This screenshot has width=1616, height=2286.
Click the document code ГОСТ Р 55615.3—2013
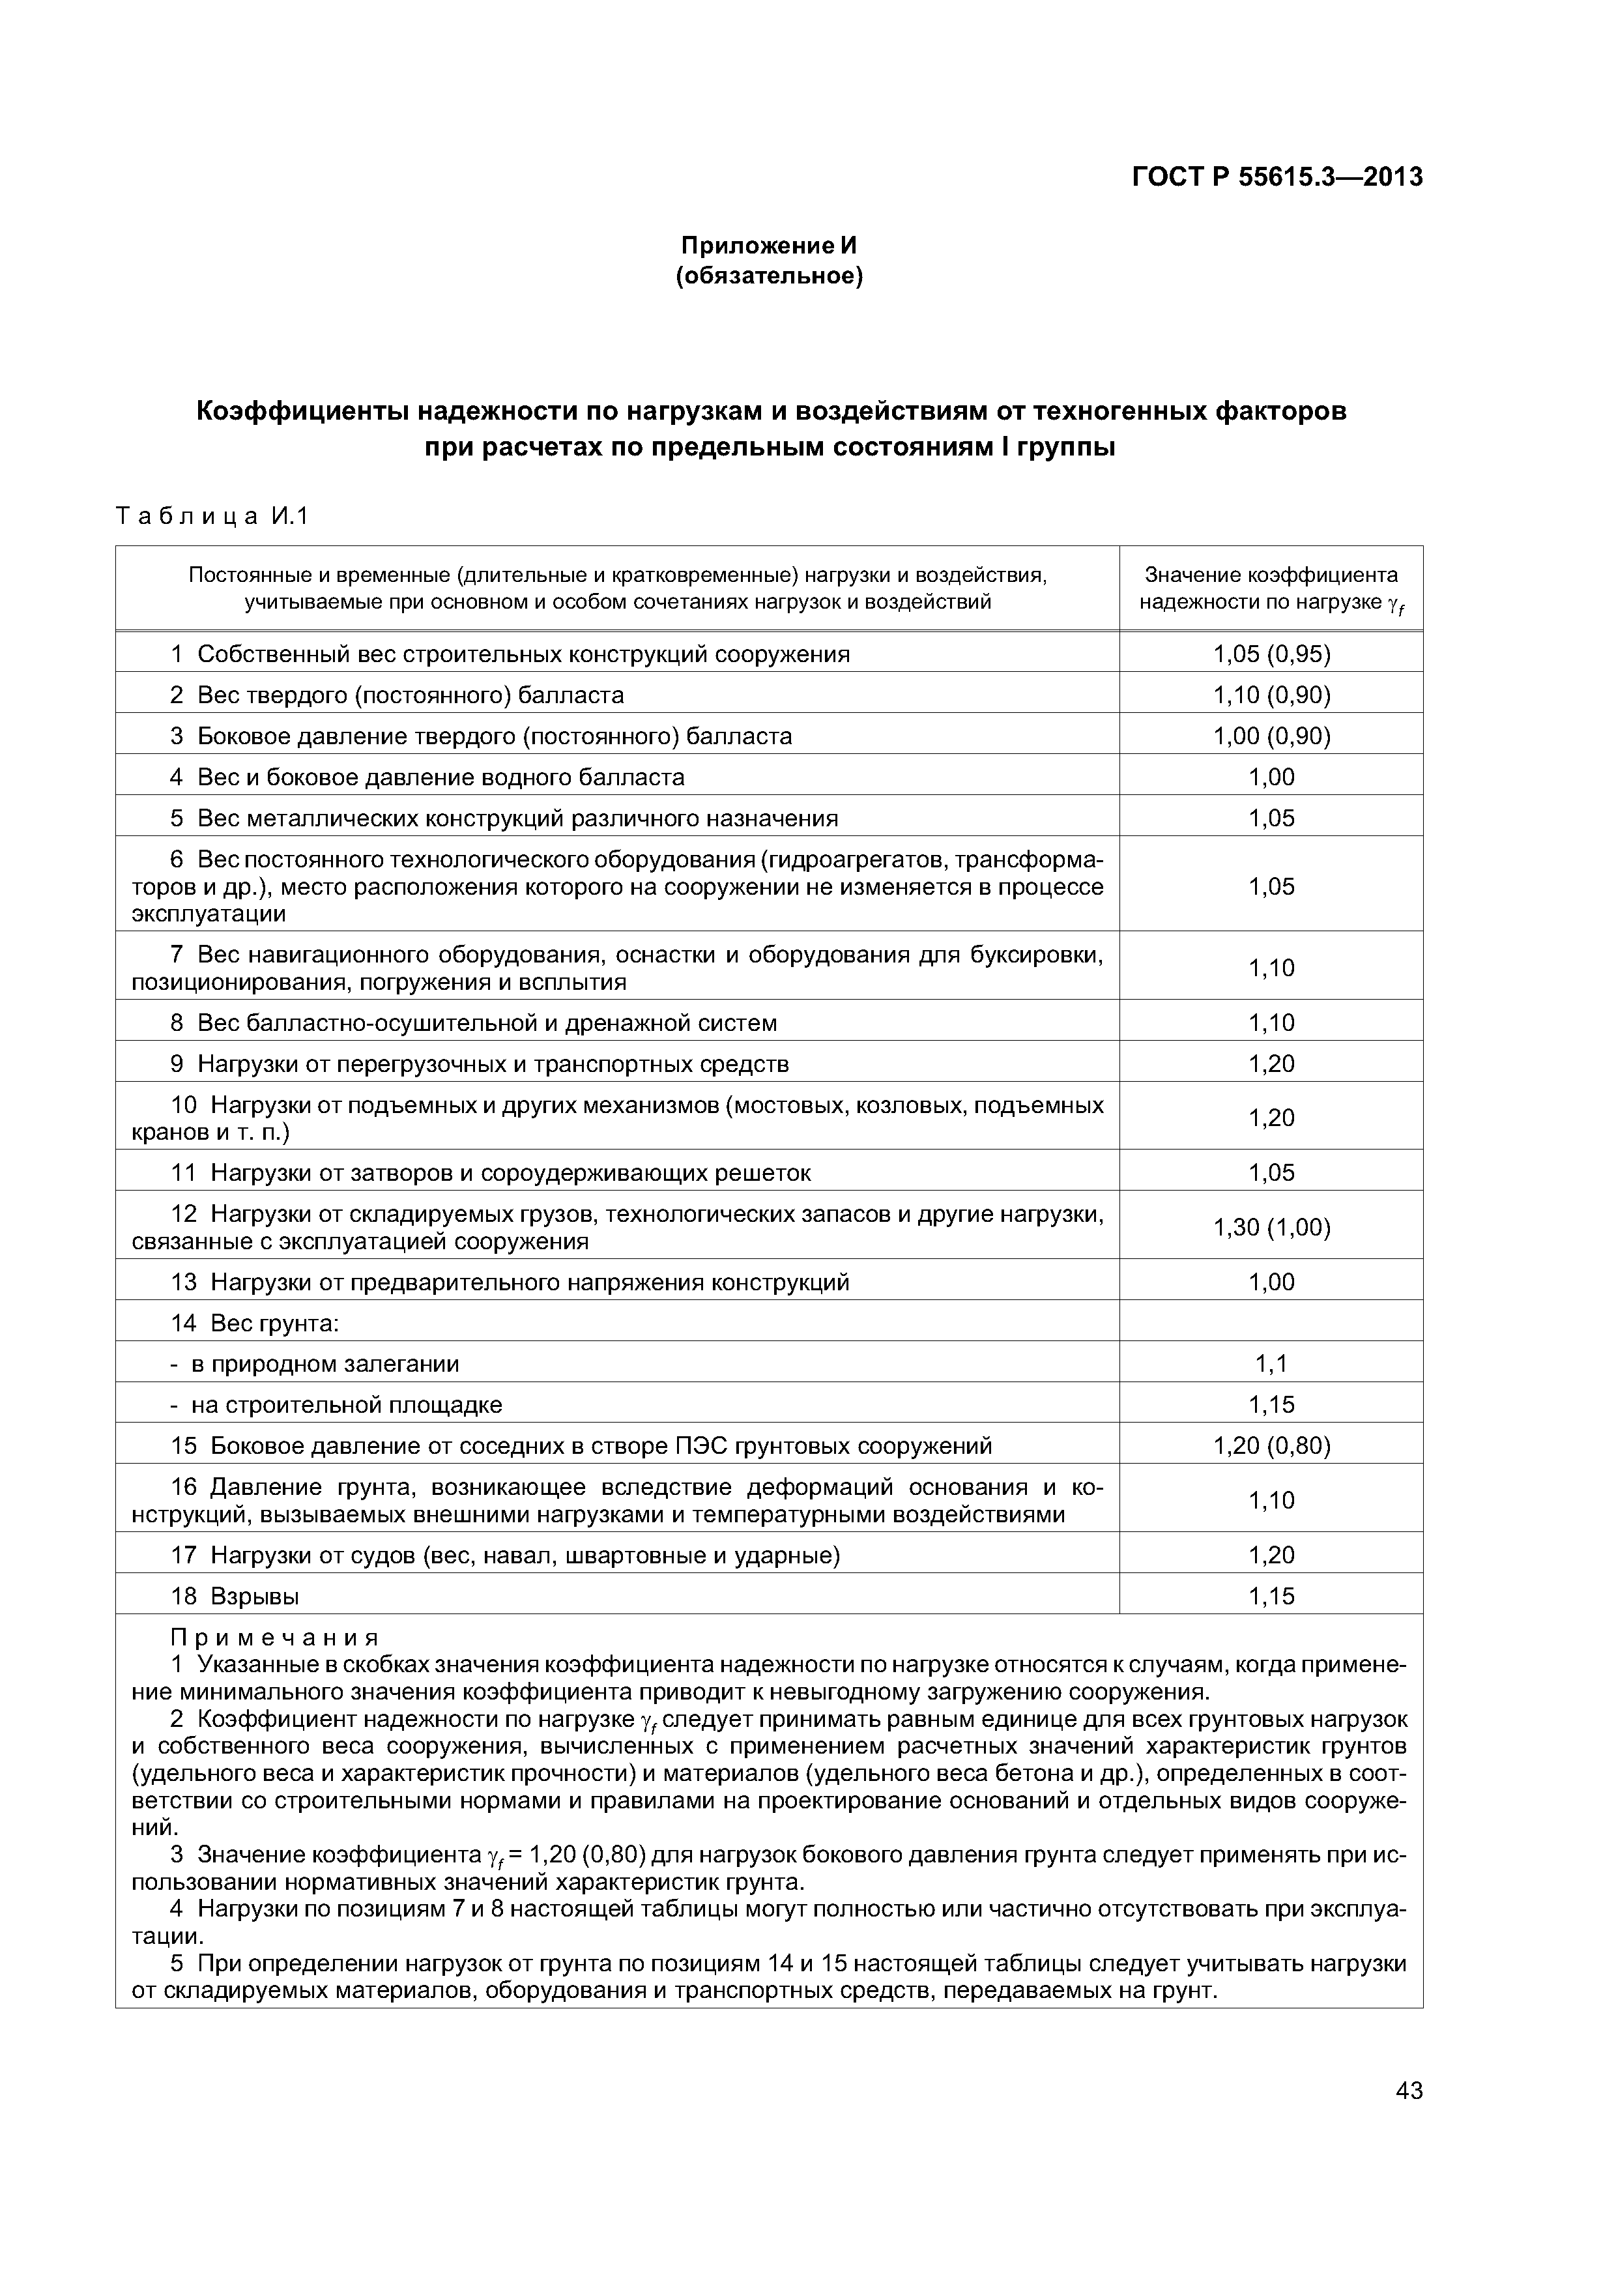[x=1277, y=177]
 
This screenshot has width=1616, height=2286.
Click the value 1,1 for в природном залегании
[x=1271, y=1363]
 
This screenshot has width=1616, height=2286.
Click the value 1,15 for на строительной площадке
[x=1271, y=1405]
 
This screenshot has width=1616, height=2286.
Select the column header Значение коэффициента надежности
[x=1271, y=588]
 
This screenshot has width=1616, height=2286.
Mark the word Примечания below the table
[x=275, y=1637]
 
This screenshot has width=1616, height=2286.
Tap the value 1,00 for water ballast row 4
[x=1271, y=777]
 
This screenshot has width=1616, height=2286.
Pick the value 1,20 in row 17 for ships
[x=1271, y=1555]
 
